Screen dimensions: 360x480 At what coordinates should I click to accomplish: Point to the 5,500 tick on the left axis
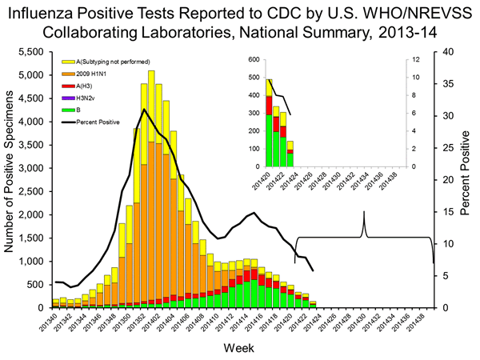32,51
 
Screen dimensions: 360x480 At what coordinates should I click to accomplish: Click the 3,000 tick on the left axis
32,168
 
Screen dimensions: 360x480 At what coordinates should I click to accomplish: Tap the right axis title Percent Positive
466,179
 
